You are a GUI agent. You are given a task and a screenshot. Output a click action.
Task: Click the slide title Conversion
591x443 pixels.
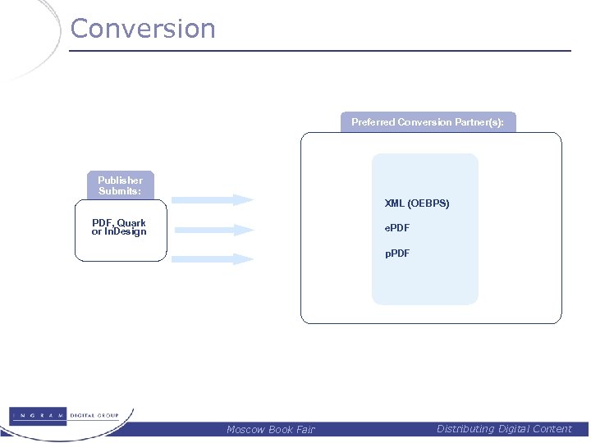point(143,29)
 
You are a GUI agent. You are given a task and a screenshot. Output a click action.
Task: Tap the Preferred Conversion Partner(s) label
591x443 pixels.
point(428,122)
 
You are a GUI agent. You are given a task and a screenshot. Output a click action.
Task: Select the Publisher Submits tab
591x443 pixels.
point(120,185)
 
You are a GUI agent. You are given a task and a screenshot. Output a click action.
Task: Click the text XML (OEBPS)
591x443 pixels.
point(417,203)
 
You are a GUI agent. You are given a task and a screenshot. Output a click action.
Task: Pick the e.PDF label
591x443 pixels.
point(397,228)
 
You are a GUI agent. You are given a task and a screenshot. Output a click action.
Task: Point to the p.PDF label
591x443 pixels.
point(397,253)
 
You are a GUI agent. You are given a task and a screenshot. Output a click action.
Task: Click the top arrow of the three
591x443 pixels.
point(213,199)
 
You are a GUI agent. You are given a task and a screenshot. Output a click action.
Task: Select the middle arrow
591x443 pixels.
point(213,230)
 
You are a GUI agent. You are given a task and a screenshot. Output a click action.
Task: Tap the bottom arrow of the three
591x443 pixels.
point(213,259)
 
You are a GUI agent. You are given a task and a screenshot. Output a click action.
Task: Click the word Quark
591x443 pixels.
point(131,223)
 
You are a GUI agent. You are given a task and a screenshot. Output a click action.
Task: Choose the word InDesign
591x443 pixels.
point(125,232)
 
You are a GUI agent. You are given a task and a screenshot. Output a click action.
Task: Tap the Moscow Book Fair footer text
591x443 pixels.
point(270,429)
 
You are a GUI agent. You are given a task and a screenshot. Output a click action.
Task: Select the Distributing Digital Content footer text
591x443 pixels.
point(504,428)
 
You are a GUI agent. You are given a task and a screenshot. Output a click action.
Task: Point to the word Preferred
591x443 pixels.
point(373,122)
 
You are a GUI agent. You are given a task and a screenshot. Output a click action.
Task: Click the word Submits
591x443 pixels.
point(120,191)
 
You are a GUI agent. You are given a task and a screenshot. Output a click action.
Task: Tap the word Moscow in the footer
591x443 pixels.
point(245,429)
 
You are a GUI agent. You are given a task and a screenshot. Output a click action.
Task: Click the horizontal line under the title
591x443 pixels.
point(320,51)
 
